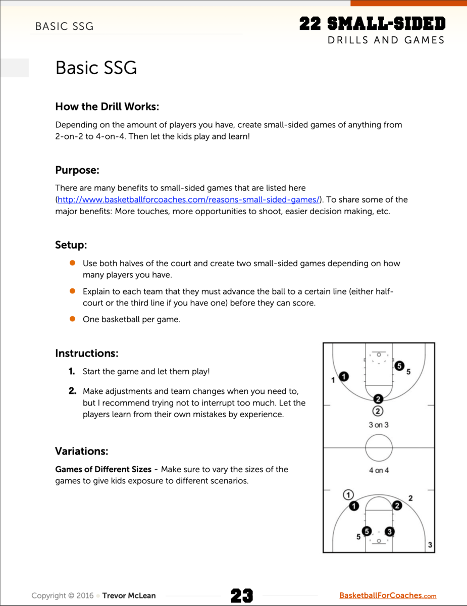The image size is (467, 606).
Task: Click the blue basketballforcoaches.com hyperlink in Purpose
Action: [189, 199]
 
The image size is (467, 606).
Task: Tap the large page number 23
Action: [242, 596]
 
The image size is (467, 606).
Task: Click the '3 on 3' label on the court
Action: [379, 425]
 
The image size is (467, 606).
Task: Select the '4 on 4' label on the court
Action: [379, 470]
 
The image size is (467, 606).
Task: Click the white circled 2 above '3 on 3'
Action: [378, 411]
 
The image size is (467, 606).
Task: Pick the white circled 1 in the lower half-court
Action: [348, 494]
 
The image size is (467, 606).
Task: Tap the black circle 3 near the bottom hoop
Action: [389, 531]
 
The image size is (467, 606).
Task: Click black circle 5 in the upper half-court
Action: [399, 366]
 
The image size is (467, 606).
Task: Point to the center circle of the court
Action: [379, 447]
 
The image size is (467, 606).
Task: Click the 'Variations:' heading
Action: [82, 451]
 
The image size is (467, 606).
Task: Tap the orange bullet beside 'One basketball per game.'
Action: [72, 319]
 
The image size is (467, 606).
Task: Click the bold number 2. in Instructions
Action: [73, 391]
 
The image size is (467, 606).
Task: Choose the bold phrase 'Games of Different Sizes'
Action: [103, 469]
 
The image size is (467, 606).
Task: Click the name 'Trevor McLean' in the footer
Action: [129, 596]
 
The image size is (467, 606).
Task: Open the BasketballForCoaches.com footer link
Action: [388, 596]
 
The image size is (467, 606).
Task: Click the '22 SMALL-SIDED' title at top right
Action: [372, 23]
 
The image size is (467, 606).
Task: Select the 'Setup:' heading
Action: [71, 245]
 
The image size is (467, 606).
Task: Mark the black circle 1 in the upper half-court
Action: [344, 376]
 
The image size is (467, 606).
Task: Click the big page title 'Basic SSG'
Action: [96, 68]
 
